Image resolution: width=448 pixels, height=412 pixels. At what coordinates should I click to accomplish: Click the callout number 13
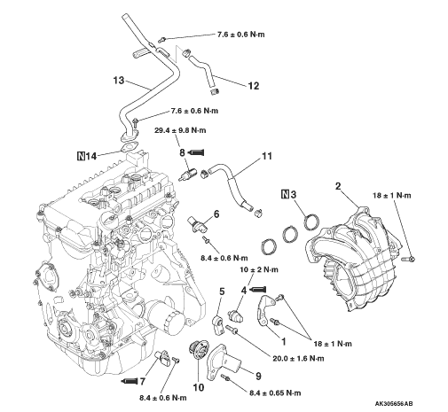click(x=119, y=80)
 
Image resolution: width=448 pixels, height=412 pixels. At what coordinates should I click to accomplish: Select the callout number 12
click(x=254, y=86)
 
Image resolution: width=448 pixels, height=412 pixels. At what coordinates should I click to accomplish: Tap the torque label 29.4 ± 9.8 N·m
click(x=180, y=130)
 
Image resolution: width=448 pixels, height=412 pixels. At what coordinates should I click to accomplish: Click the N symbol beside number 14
click(x=81, y=156)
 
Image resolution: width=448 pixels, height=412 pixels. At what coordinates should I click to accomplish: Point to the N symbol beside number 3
click(x=285, y=194)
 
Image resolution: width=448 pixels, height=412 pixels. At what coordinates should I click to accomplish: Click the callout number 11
click(x=267, y=156)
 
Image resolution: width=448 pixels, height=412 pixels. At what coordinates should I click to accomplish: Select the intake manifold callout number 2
click(x=338, y=186)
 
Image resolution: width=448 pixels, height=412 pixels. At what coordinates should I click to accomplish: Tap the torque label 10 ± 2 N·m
click(x=259, y=269)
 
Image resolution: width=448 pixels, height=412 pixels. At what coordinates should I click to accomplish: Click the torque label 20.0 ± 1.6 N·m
click(x=298, y=358)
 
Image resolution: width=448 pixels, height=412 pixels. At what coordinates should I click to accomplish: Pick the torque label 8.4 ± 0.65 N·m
click(x=275, y=393)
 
